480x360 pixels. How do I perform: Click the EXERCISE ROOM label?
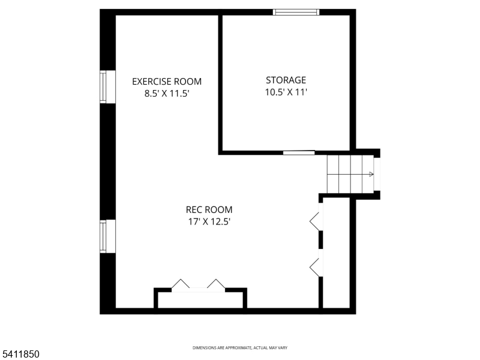pyautogui.click(x=167, y=82)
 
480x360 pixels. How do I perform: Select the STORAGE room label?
pyautogui.click(x=286, y=80)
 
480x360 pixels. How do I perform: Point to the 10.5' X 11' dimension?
pyautogui.click(x=286, y=92)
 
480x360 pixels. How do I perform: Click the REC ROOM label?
pyautogui.click(x=209, y=209)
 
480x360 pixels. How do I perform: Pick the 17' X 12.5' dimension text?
pyautogui.click(x=208, y=221)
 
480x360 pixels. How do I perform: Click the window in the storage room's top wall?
pyautogui.click(x=296, y=12)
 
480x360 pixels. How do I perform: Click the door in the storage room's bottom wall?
pyautogui.click(x=299, y=152)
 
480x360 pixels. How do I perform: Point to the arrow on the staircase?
pyautogui.click(x=371, y=175)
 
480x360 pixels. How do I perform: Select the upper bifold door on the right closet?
pyautogui.click(x=315, y=221)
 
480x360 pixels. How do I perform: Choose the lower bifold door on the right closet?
pyautogui.click(x=315, y=266)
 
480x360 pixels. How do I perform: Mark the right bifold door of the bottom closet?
pyautogui.click(x=216, y=284)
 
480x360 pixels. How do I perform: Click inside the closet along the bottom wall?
pyautogui.click(x=200, y=300)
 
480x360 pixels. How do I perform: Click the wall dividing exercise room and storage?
pyautogui.click(x=220, y=84)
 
